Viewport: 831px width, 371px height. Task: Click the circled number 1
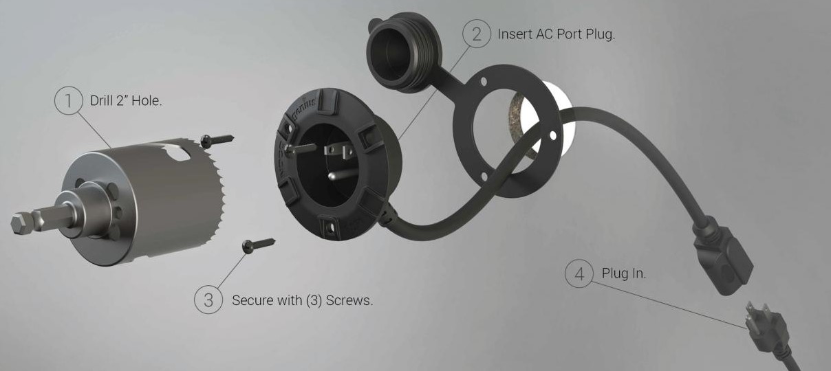pos(69,100)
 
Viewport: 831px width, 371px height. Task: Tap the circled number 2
pos(477,34)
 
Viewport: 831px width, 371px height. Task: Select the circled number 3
pos(208,300)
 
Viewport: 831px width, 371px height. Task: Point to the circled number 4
pos(579,273)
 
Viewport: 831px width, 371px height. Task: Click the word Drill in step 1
pos(101,100)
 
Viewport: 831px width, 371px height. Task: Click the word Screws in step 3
pos(349,300)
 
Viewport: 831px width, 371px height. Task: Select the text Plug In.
pos(624,273)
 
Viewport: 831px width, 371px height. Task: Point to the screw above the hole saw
pos(217,139)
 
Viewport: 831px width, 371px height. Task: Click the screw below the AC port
pos(258,245)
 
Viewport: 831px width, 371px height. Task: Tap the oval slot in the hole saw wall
pos(177,153)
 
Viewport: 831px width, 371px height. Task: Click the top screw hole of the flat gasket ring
pos(483,81)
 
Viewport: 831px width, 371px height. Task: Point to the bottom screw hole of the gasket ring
pos(484,177)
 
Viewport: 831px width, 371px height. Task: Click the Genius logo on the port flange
pos(304,108)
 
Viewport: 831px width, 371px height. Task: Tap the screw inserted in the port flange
pos(300,149)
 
